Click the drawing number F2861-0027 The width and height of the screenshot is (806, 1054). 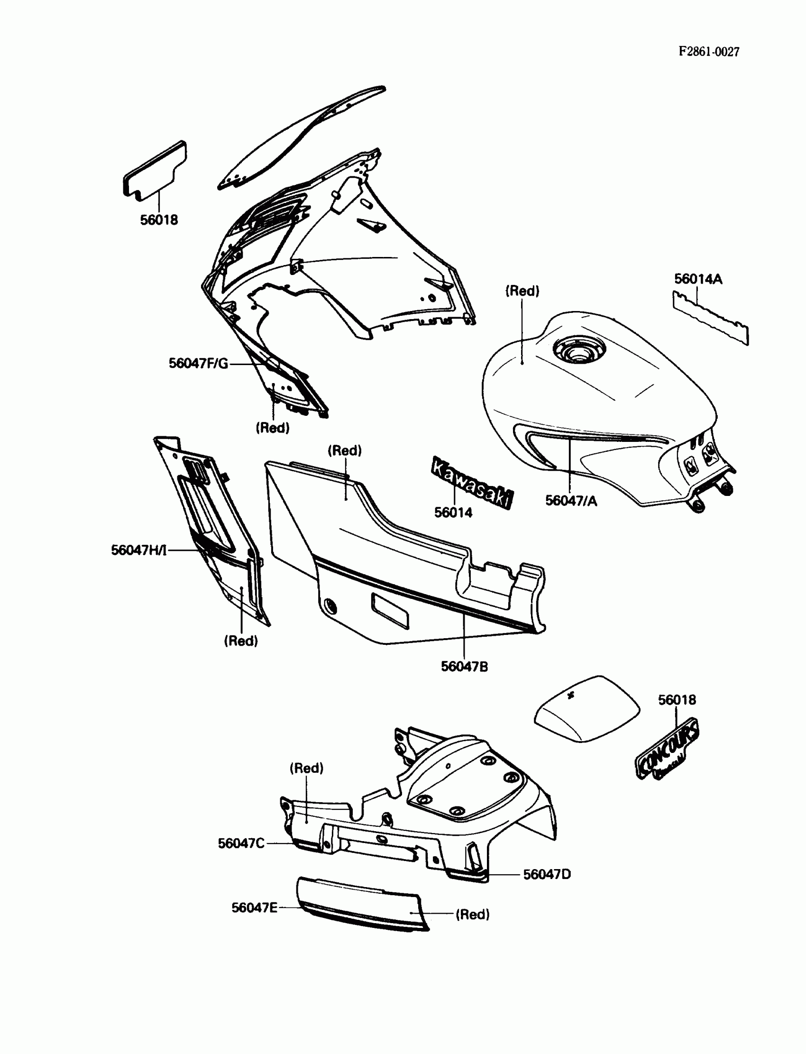pyautogui.click(x=709, y=52)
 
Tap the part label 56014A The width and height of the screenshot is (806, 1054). pyautogui.click(x=697, y=279)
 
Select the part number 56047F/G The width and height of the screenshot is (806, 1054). pyautogui.click(x=198, y=363)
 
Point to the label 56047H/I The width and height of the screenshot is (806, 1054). pyautogui.click(x=138, y=550)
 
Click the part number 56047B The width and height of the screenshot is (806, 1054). pyautogui.click(x=464, y=666)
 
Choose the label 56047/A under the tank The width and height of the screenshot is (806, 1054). pyautogui.click(x=571, y=501)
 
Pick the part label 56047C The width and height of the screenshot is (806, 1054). pyautogui.click(x=241, y=843)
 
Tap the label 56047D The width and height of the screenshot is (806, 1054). pyautogui.click(x=547, y=874)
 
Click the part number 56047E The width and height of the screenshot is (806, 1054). pyautogui.click(x=254, y=907)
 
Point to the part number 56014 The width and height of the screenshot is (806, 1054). pyautogui.click(x=453, y=513)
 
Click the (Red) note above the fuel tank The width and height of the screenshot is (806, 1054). pyautogui.click(x=522, y=291)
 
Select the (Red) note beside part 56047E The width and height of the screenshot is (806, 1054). pyautogui.click(x=473, y=915)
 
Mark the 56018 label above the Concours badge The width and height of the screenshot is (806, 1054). pyautogui.click(x=677, y=700)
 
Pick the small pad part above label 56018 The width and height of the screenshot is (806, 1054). pyautogui.click(x=155, y=170)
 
